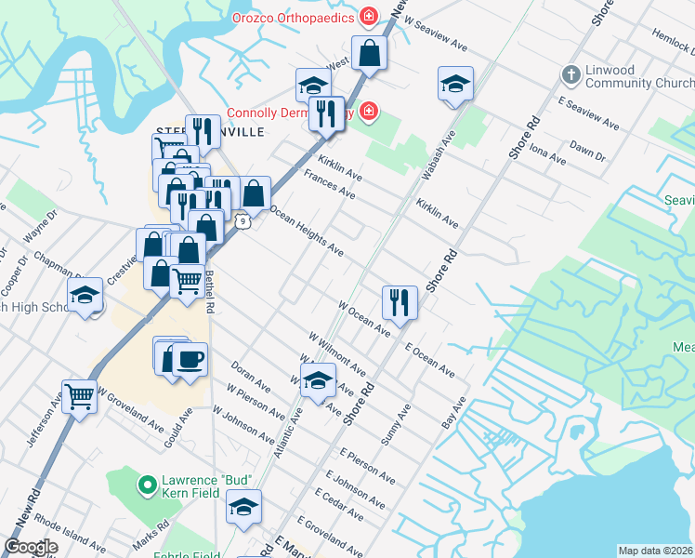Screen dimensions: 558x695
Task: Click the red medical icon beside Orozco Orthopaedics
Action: coord(369,18)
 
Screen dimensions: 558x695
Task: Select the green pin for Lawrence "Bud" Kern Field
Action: coord(146,485)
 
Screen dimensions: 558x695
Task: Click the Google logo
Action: coord(31,547)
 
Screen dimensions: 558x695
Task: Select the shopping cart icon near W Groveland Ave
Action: coord(80,396)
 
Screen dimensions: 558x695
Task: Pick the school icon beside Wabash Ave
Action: coord(455,84)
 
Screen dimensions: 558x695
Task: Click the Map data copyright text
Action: coord(655,551)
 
